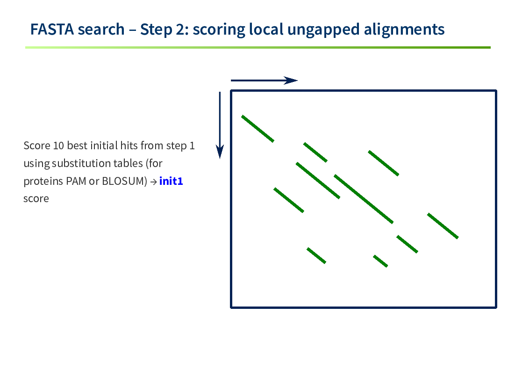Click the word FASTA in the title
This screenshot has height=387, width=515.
[x=52, y=29]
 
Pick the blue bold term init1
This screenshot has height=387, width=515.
[x=171, y=181]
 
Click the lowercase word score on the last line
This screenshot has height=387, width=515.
[x=36, y=199]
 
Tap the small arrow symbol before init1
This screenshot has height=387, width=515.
[x=153, y=182]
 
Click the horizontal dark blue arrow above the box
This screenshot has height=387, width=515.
[x=264, y=80]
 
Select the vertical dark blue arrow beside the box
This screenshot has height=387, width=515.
[x=220, y=125]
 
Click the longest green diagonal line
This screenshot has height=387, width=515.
[x=364, y=199]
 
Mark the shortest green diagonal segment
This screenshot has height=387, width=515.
[x=380, y=261]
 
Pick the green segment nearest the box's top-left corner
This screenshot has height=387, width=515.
[x=258, y=129]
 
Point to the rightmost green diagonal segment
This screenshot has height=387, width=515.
[x=443, y=226]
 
